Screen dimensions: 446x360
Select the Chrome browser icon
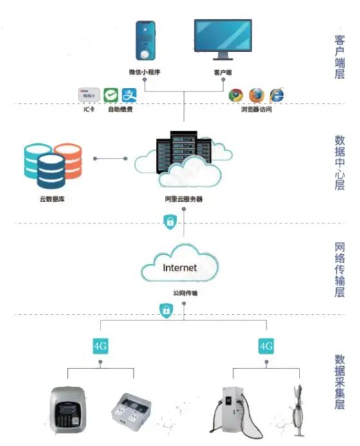pyautogui.click(x=236, y=95)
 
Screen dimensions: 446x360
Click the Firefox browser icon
pyautogui.click(x=256, y=95)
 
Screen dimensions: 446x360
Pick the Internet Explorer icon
pyautogui.click(x=277, y=95)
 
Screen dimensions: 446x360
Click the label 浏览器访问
pyautogui.click(x=256, y=109)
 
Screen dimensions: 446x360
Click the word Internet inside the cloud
pyautogui.click(x=180, y=268)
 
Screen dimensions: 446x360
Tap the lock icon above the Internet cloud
pyautogui.click(x=169, y=223)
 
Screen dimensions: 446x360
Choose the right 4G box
pyautogui.click(x=267, y=346)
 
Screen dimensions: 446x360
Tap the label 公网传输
pyautogui.click(x=185, y=293)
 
